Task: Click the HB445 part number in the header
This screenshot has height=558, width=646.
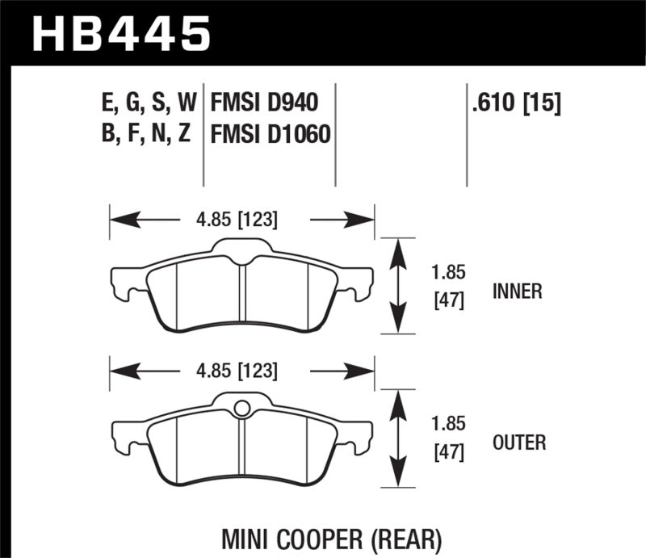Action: click(120, 34)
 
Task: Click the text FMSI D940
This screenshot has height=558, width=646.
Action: click(264, 103)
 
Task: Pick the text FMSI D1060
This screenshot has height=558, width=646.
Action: click(270, 134)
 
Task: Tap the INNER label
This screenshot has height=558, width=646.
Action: click(517, 291)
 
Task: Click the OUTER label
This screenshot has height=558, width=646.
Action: click(518, 443)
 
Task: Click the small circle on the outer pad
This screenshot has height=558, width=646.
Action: click(241, 409)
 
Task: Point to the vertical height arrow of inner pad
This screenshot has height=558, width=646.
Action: click(396, 285)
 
